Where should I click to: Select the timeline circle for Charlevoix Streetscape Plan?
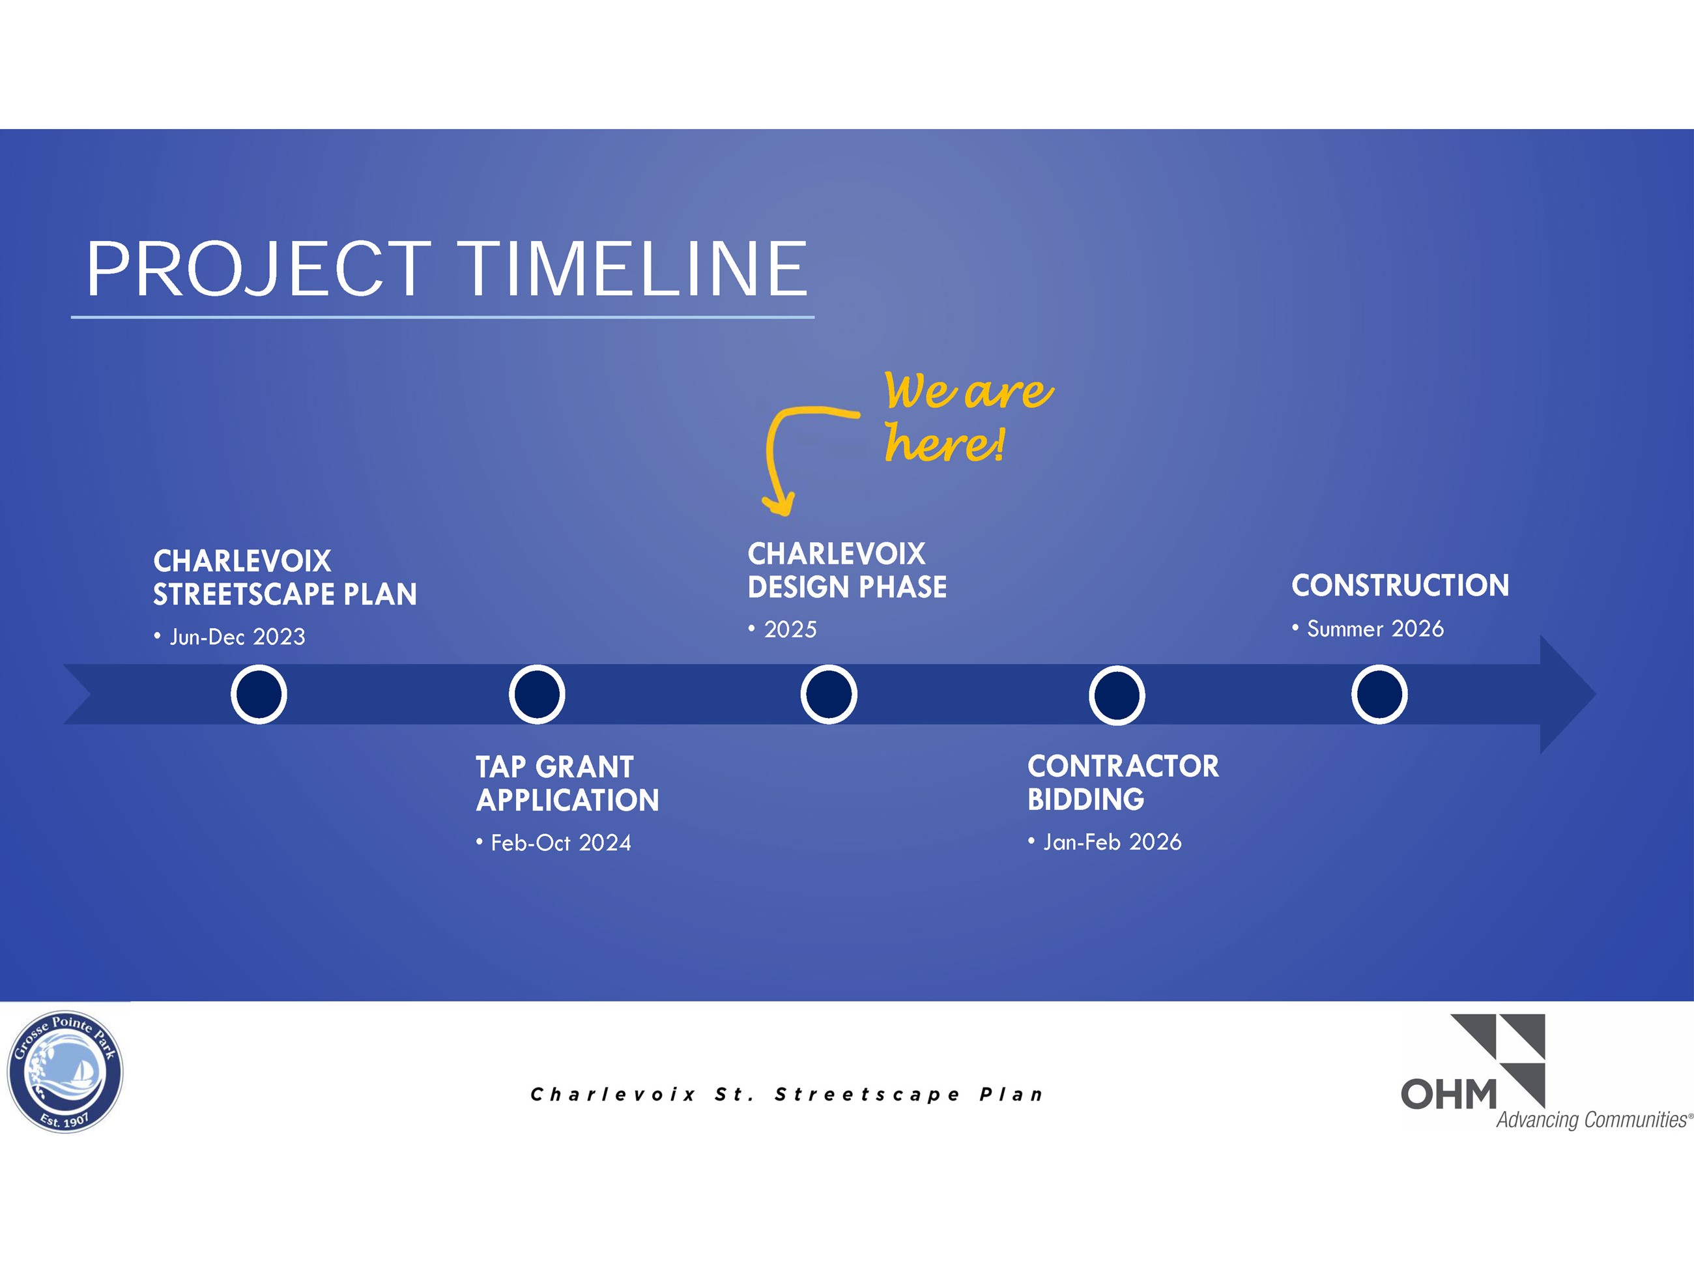click(x=259, y=695)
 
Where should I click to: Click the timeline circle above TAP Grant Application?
click(x=537, y=695)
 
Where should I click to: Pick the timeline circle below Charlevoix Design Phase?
click(x=829, y=695)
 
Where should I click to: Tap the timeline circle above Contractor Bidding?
click(x=1117, y=695)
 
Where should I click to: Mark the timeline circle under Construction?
click(x=1379, y=695)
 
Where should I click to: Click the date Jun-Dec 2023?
click(x=237, y=637)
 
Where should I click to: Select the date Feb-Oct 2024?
click(x=560, y=843)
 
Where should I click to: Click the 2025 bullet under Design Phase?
click(x=790, y=629)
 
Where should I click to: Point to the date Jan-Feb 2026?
click(x=1112, y=843)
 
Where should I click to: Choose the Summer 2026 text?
click(x=1375, y=629)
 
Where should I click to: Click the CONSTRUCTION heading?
click(x=1400, y=586)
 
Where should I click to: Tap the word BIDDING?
click(x=1085, y=800)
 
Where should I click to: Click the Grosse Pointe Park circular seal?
click(x=65, y=1072)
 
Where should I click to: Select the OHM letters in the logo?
click(x=1448, y=1095)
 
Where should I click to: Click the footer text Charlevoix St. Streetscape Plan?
click(x=786, y=1094)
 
